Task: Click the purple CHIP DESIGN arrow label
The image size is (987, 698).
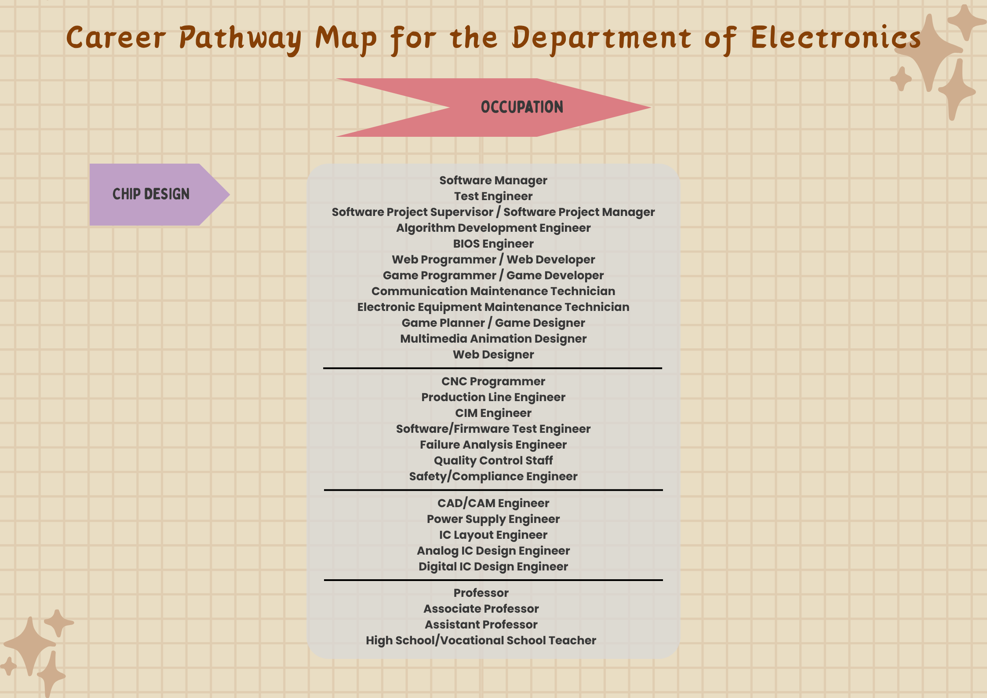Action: (x=151, y=194)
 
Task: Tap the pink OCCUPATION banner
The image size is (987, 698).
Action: (x=521, y=107)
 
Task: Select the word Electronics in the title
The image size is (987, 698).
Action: (x=835, y=38)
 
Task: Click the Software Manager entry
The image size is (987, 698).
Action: (x=493, y=180)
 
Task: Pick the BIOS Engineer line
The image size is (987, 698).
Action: (x=493, y=244)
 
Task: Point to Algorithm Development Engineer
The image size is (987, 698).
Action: (x=493, y=228)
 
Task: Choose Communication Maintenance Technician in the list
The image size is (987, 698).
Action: (x=493, y=291)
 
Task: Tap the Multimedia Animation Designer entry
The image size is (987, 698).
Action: (x=493, y=339)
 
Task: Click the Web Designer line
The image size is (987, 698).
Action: (x=493, y=354)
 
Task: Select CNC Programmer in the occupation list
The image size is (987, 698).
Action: (x=493, y=381)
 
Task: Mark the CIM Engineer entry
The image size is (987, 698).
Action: (x=493, y=413)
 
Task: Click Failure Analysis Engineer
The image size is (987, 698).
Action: (x=493, y=445)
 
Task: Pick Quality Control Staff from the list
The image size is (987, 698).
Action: (x=493, y=460)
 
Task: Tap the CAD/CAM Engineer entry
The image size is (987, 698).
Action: (x=493, y=503)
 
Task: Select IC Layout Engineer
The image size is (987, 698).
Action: (x=493, y=535)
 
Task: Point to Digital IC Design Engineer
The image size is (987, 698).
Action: (x=493, y=566)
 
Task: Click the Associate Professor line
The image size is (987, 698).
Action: (x=481, y=609)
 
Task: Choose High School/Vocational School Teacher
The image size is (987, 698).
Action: (x=481, y=640)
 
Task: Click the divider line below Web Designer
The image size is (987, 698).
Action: (x=492, y=368)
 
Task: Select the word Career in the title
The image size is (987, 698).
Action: (x=116, y=38)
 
